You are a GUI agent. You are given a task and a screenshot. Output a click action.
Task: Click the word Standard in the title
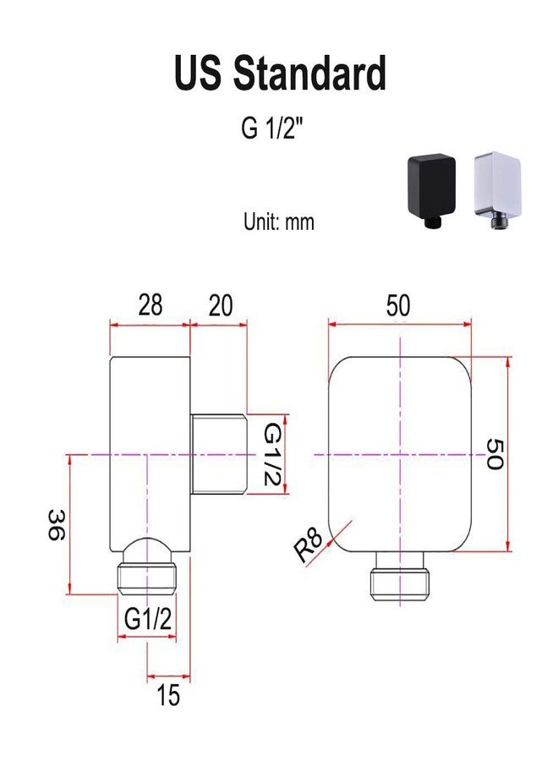(309, 73)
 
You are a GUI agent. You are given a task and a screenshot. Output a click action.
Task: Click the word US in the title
(198, 73)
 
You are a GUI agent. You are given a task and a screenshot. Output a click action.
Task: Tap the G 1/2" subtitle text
(275, 129)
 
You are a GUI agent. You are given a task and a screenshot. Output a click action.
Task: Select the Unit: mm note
(279, 222)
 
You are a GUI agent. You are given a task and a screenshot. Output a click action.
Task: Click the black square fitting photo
(431, 189)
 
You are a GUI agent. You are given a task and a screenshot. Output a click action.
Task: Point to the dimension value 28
(150, 304)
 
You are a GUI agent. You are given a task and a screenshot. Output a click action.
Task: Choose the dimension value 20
(221, 304)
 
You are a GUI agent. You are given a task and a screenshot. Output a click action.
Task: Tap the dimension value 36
(57, 524)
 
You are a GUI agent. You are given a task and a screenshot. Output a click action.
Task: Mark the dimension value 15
(168, 695)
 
